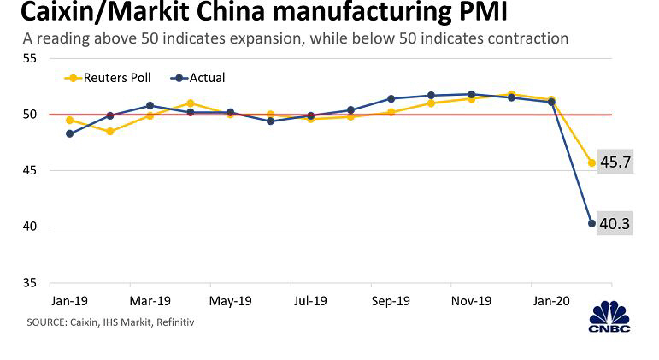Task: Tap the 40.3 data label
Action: click(x=615, y=223)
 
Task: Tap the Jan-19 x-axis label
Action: click(x=69, y=301)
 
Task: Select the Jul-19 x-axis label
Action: click(x=309, y=301)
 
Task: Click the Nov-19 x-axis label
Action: click(x=469, y=301)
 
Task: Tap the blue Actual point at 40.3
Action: click(x=591, y=223)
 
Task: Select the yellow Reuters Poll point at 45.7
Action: click(x=591, y=162)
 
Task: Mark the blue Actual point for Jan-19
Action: click(x=69, y=133)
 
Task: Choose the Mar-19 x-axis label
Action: click(x=150, y=301)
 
